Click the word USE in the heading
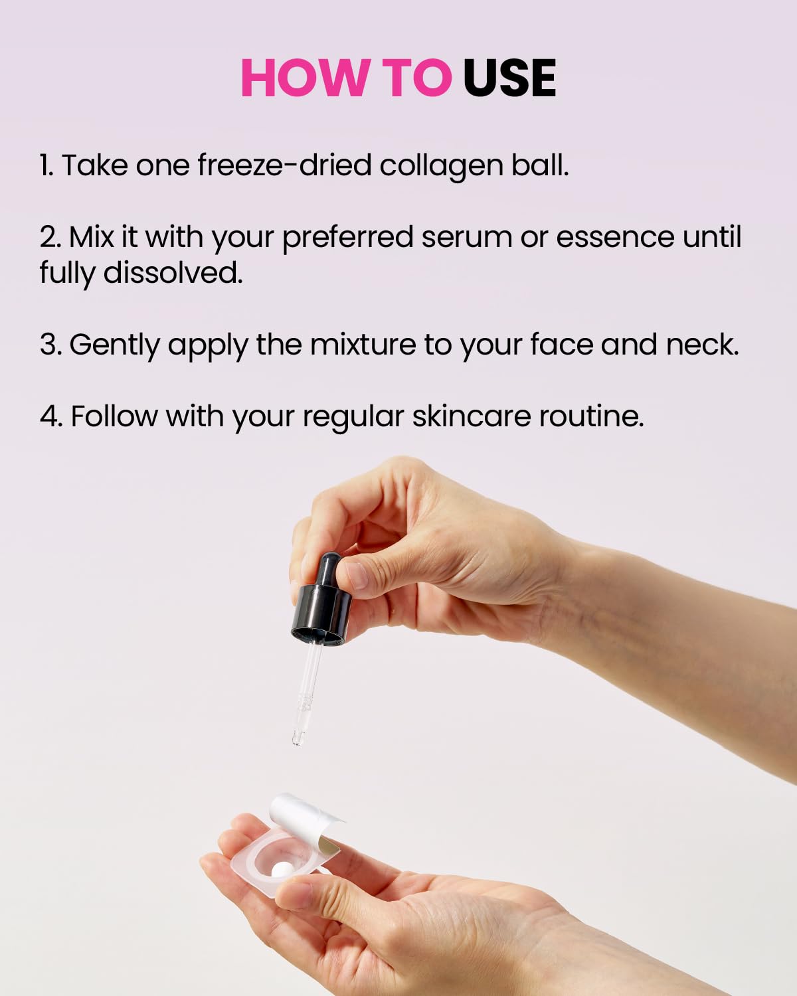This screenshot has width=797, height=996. (509, 78)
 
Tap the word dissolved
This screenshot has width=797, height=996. (173, 272)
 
